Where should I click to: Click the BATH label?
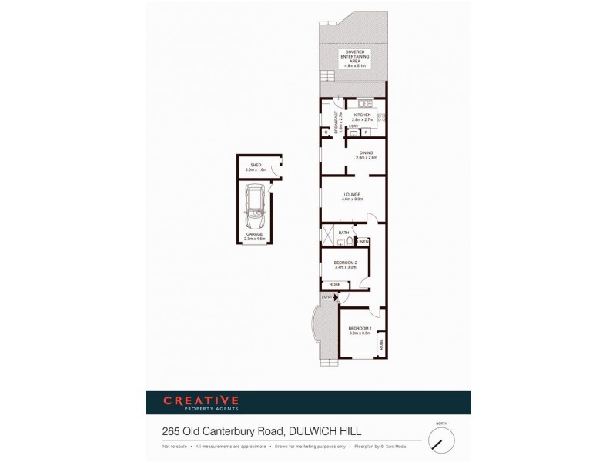click(x=343, y=232)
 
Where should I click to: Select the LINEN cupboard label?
click(x=363, y=242)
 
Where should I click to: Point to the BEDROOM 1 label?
click(x=359, y=331)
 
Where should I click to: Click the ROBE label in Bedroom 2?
click(x=335, y=285)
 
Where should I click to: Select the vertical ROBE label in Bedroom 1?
click(x=380, y=344)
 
